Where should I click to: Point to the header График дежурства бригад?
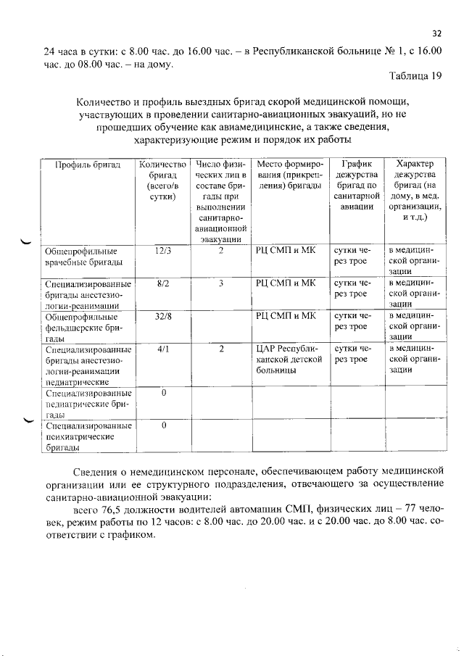click(357, 186)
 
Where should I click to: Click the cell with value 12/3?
click(162, 250)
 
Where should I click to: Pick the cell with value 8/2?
click(162, 285)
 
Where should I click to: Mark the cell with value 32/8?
click(162, 317)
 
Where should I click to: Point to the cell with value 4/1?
click(162, 349)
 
